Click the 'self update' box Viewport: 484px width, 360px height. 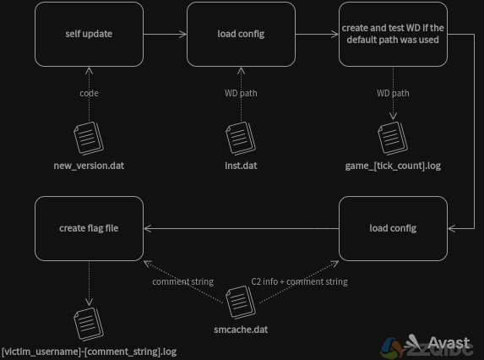(x=89, y=35)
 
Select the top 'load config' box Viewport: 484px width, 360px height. (x=241, y=35)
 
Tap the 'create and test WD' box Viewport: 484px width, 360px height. (x=393, y=35)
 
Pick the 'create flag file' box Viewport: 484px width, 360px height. (x=89, y=228)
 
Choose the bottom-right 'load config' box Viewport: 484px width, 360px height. (x=393, y=228)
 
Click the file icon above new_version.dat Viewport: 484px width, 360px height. (x=89, y=139)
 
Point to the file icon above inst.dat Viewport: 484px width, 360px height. (x=241, y=139)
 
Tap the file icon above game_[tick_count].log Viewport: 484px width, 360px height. (x=393, y=139)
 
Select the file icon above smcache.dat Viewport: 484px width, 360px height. (x=241, y=303)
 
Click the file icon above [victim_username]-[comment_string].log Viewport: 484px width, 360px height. (x=89, y=325)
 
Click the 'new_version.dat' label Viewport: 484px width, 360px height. (x=89, y=166)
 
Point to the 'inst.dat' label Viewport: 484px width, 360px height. (x=241, y=166)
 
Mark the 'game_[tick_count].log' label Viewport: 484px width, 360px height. (x=393, y=166)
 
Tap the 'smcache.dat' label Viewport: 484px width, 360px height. (x=241, y=330)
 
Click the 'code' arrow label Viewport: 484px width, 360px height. (x=89, y=93)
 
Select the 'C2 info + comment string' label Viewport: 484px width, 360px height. (x=299, y=282)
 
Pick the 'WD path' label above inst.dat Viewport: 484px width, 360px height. (x=241, y=93)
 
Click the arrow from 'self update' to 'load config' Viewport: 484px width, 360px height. (x=166, y=34)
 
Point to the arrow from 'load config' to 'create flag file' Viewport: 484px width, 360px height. (x=241, y=228)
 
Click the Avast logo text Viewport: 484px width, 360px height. (x=449, y=343)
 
